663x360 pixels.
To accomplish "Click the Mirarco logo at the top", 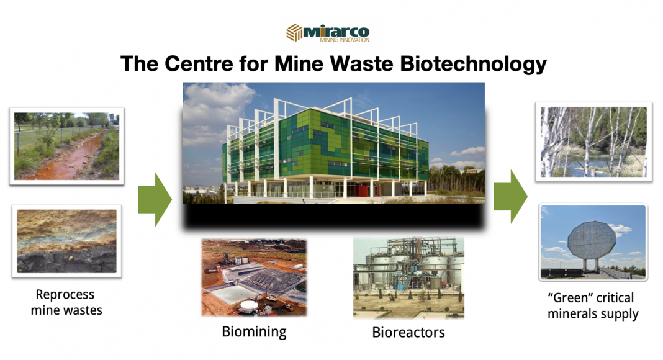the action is tap(328, 33).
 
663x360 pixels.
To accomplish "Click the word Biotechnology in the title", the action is tap(473, 64).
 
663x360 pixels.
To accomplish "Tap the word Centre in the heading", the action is tap(198, 64).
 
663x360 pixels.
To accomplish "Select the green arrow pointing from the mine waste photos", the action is tap(155, 199).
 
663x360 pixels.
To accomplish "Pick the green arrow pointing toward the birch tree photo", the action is tap(510, 197).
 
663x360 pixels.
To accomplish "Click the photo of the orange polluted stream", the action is tap(67, 146).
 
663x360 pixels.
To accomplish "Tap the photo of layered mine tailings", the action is tap(67, 241).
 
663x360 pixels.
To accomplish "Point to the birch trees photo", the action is tap(593, 142).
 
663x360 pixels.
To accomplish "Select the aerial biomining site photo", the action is tap(254, 277).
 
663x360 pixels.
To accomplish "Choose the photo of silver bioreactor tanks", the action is tap(408, 277).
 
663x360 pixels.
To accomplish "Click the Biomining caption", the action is tap(254, 332).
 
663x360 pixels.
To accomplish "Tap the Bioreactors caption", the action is tap(408, 333).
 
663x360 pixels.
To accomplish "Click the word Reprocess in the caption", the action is tap(65, 294).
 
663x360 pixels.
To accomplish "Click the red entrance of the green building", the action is tap(362, 189).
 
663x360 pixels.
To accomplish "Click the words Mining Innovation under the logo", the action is tap(345, 40).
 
